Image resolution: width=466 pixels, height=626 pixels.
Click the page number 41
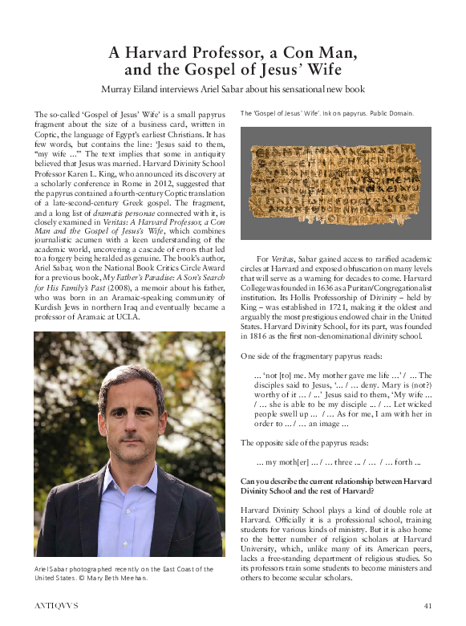(x=428, y=604)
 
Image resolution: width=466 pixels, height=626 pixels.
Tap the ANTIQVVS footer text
(x=59, y=604)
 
